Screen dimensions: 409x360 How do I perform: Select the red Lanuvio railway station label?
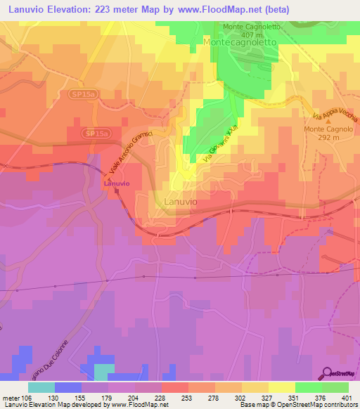coord(115,183)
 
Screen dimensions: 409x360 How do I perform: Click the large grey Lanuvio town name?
coord(180,202)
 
